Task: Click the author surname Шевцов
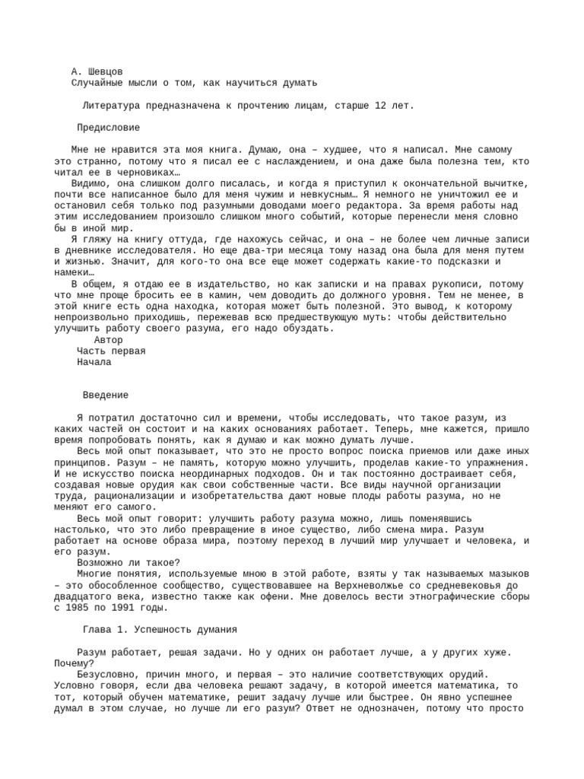coord(106,71)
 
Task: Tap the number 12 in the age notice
coord(380,105)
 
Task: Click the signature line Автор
coord(109,339)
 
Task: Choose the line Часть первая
coord(111,351)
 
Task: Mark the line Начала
coord(94,362)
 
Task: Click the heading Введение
coord(106,395)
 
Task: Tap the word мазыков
coord(498,574)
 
